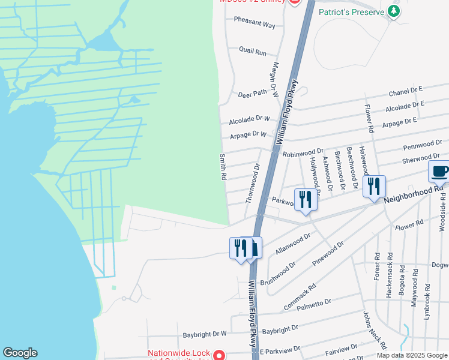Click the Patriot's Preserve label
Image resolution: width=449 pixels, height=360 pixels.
(350, 11)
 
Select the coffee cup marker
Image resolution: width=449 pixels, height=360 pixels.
(439, 172)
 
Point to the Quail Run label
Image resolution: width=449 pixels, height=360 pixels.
(252, 52)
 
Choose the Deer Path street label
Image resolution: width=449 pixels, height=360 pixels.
(252, 94)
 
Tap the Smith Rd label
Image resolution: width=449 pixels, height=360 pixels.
(223, 167)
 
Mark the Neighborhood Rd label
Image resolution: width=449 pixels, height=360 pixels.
(413, 193)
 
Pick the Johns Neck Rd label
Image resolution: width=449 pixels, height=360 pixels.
(372, 330)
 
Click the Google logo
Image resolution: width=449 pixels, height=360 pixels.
(20, 353)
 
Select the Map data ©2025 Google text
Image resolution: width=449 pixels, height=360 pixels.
(412, 355)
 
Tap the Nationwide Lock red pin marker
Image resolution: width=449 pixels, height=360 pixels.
(220, 356)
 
